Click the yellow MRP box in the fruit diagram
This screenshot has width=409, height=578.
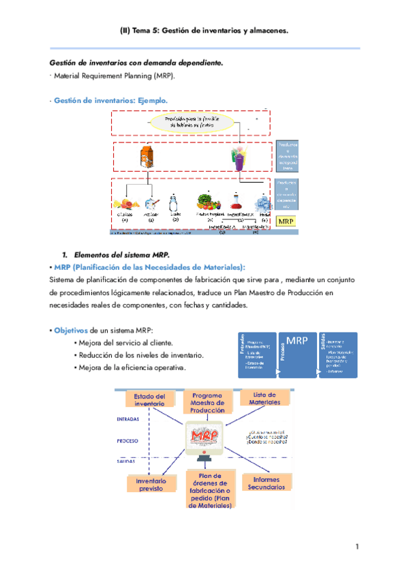[287, 221]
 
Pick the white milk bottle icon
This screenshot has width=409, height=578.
[174, 203]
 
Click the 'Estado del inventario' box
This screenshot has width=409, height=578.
[150, 400]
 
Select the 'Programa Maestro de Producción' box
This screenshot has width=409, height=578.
[207, 402]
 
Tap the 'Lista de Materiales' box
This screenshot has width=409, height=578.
[264, 399]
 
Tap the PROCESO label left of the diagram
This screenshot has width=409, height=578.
[128, 441]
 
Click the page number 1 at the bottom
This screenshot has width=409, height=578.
[357, 547]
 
